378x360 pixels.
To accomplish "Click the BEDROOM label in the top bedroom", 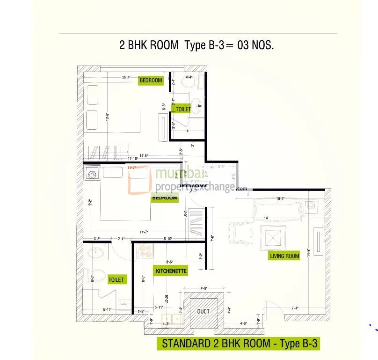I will click(151, 81).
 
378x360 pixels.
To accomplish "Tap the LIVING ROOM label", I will click(284, 256).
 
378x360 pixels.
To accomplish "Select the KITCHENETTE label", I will click(171, 271).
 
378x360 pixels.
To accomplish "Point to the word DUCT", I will click(204, 311).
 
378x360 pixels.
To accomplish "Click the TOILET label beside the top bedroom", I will click(183, 109).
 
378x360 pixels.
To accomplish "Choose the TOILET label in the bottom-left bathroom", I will click(116, 279).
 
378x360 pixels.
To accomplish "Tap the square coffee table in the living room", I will click(271, 237).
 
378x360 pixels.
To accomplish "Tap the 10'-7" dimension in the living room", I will click(281, 199).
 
